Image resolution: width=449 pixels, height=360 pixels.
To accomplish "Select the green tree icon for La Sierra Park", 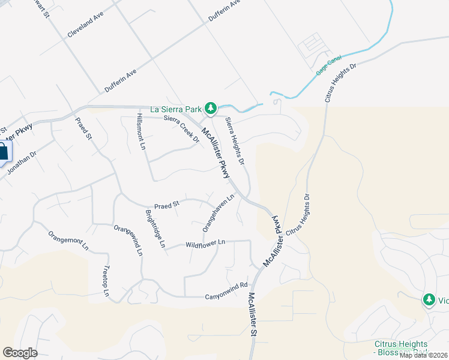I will click(x=210, y=108).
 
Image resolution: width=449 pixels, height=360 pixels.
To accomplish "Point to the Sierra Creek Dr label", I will click(x=181, y=128).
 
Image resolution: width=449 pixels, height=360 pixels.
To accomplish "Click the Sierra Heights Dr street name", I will click(x=235, y=141).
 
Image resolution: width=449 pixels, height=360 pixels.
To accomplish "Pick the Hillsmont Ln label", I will click(x=142, y=131).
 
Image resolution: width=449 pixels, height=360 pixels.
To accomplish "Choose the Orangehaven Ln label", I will click(x=218, y=212).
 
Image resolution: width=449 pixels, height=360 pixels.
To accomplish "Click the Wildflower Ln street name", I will click(x=205, y=244).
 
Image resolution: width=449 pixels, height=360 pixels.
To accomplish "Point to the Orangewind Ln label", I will click(x=128, y=240).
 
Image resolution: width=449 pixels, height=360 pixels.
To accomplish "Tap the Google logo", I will click(x=20, y=353).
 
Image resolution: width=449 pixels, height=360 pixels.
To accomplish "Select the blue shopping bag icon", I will click(x=3, y=152).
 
